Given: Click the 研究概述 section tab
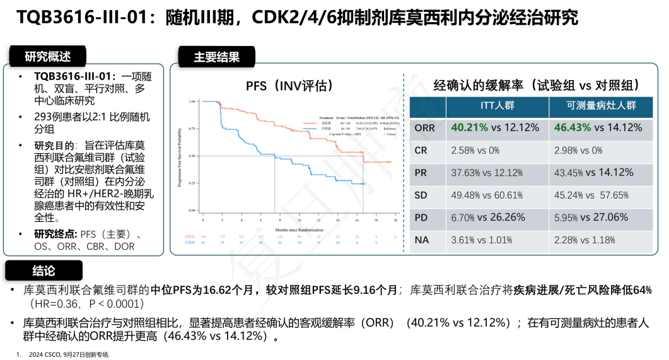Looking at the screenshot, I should pos(48,57).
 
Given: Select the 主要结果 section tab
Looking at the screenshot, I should pos(216,57).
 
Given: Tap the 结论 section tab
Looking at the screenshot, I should pos(43,270).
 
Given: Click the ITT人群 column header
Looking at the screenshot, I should pos(496,106).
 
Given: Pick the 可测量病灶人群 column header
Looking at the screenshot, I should pos(602,106).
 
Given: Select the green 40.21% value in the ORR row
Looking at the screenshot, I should pos(470,127).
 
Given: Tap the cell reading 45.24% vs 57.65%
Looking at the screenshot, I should pos(591,195).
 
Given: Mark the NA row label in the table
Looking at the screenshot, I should pos(422,240).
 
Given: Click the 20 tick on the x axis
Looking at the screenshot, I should pos(396,221).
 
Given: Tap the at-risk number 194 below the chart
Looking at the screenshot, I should pos(203,236).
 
